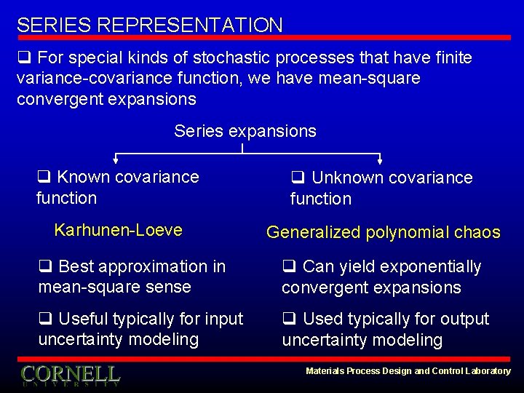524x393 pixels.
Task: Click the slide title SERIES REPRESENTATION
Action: pyautogui.click(x=150, y=25)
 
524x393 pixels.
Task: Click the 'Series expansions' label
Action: pyautogui.click(x=245, y=131)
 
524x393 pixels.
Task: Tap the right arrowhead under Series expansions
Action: pyautogui.click(x=379, y=161)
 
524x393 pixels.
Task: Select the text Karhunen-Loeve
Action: pyautogui.click(x=119, y=230)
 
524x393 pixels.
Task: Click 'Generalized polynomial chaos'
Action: pyautogui.click(x=383, y=233)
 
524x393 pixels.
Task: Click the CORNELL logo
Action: pyautogui.click(x=70, y=375)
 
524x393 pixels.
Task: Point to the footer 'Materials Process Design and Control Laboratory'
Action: pyautogui.click(x=408, y=371)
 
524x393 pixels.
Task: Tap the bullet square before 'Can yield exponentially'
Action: pyautogui.click(x=289, y=267)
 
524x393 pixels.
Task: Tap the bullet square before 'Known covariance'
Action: pyautogui.click(x=44, y=177)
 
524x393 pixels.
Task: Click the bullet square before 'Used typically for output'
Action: pyautogui.click(x=289, y=319)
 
